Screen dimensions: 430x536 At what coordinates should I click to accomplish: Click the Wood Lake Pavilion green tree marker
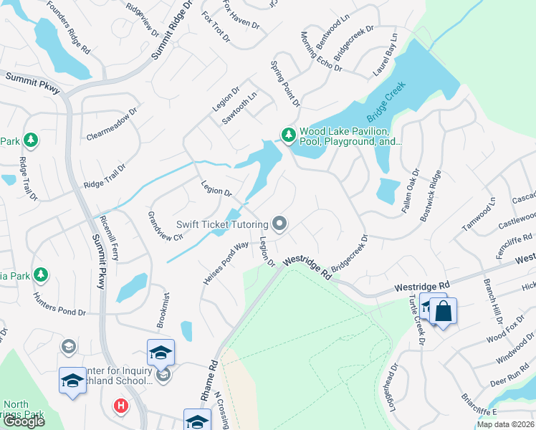point(288,134)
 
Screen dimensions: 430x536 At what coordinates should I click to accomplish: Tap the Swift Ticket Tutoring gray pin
point(279,224)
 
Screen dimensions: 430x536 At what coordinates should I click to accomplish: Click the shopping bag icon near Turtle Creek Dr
point(444,312)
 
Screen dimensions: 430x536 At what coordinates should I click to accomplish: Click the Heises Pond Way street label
point(226,264)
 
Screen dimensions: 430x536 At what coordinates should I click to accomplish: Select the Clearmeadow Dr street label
point(112,125)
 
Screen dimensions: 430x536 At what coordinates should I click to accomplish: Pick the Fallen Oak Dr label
point(411,188)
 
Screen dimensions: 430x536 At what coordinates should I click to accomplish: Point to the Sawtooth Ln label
point(239,107)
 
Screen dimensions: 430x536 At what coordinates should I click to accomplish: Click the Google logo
point(24,422)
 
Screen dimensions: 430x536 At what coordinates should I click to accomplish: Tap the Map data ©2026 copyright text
point(506,424)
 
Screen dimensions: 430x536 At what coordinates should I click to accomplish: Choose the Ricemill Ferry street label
point(110,236)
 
